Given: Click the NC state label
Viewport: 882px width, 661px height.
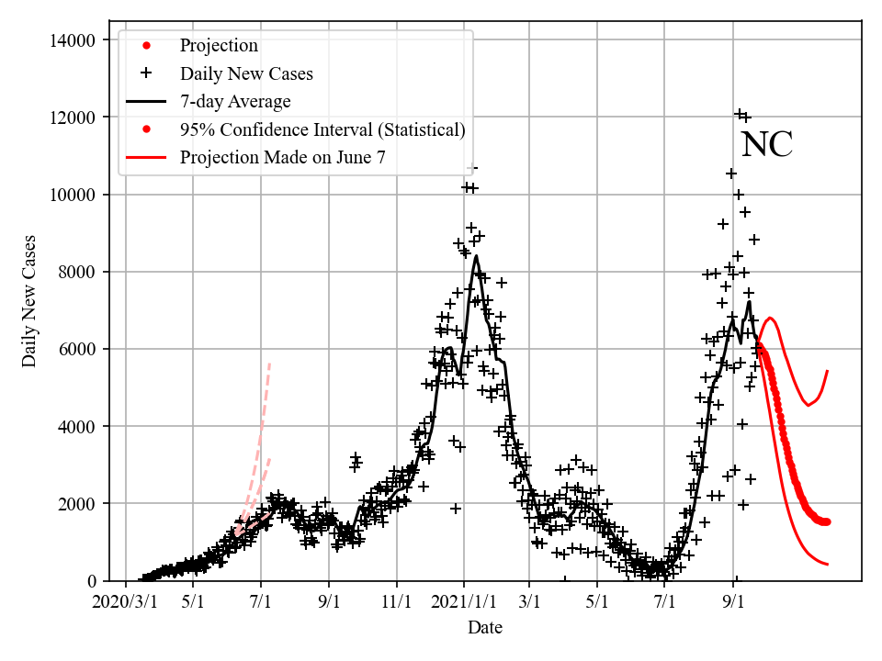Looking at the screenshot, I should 766,145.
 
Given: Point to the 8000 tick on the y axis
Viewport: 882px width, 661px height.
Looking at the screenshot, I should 73,272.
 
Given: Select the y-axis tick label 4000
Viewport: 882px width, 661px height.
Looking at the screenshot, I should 73,426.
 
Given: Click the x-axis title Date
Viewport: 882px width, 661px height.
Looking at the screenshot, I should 484,628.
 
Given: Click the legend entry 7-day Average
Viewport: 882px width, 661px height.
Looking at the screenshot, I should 235,101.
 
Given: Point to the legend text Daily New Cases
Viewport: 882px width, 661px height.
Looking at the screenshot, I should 246,73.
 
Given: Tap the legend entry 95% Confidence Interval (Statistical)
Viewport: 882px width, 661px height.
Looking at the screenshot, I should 322,129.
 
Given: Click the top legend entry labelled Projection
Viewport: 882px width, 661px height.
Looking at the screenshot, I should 219,46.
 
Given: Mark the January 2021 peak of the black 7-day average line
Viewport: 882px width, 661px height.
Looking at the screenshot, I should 476,256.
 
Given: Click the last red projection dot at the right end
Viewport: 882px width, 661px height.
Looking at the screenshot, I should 827,521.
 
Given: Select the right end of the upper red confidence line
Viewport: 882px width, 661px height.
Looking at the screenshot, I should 828,371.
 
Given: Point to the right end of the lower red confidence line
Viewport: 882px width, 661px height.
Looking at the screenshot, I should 828,564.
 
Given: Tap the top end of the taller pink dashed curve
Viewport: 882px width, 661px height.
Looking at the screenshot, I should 269,364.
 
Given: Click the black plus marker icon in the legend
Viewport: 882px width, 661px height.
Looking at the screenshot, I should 145,73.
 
